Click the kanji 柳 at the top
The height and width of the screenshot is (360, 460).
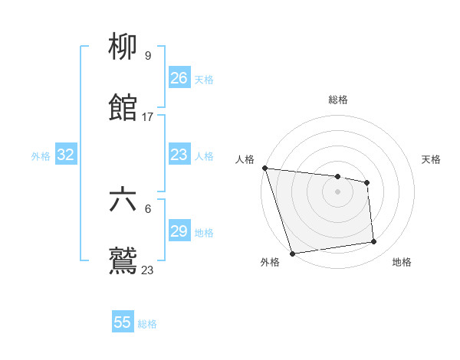click(123, 47)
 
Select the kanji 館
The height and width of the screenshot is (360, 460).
click(123, 107)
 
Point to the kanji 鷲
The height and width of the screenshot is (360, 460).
click(123, 260)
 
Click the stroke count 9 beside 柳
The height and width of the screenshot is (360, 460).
click(147, 56)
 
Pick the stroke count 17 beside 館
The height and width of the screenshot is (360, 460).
click(148, 116)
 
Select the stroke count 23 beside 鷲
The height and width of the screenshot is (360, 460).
click(148, 270)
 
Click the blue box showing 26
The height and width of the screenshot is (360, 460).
click(179, 78)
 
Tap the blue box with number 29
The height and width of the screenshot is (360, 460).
click(179, 231)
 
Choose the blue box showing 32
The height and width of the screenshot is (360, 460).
click(66, 155)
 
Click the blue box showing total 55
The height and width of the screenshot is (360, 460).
click(123, 322)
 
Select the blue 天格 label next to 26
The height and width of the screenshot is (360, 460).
click(204, 79)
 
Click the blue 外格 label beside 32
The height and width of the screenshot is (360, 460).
click(41, 155)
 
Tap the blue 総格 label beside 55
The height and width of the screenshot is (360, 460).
click(147, 324)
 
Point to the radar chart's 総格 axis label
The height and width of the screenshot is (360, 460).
click(338, 100)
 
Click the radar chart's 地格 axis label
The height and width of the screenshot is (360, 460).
click(402, 263)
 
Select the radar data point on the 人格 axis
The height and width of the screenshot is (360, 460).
click(264, 168)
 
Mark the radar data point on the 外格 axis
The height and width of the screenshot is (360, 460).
click(292, 253)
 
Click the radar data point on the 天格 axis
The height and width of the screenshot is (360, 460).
click(367, 182)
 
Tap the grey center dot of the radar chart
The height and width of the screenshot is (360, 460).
click(337, 191)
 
